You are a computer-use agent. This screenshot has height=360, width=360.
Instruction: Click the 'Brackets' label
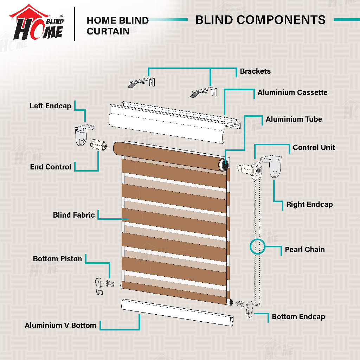coord(255,71)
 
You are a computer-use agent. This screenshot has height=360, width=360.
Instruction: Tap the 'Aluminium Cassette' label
coord(292,92)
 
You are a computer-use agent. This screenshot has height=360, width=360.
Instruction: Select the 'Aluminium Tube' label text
coord(294,119)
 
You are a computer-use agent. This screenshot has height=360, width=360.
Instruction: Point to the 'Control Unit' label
coord(314,147)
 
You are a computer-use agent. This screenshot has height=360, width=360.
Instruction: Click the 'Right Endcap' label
coord(309,204)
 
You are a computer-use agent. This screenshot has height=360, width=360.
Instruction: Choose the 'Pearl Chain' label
coord(304,250)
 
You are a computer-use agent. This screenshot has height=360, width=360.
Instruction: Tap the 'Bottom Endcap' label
coord(298,317)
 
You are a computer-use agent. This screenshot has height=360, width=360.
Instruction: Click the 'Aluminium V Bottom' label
coord(60,325)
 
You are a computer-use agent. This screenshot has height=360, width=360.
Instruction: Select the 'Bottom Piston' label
coord(57,259)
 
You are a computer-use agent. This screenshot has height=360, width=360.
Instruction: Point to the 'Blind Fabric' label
coord(74,215)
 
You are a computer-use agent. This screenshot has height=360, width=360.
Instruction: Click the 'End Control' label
coord(51,167)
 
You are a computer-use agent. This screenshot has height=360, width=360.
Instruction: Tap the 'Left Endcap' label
coord(50,106)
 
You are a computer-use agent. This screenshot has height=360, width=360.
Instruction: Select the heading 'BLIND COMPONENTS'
coord(260,20)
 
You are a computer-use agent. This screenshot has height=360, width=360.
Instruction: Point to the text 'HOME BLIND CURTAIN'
coord(117,26)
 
